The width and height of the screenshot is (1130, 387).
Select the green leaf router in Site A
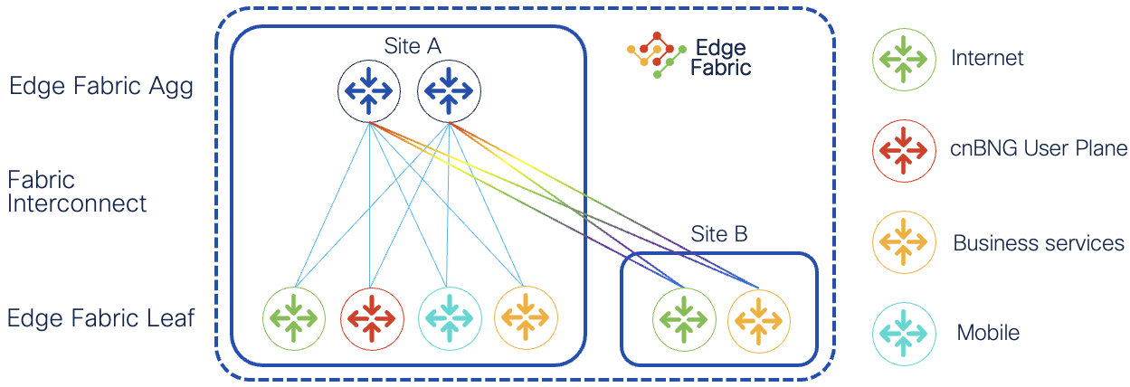tap(294, 318)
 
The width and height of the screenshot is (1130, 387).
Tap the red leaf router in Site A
tap(371, 318)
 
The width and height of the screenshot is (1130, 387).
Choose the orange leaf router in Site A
tap(526, 318)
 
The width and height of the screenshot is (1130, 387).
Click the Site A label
tap(412, 46)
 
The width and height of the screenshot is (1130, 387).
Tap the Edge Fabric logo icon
tap(653, 56)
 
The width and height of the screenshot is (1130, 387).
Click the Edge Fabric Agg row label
tap(101, 88)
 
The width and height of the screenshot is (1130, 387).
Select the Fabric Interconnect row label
tap(77, 192)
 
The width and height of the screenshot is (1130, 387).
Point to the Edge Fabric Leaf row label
tap(101, 319)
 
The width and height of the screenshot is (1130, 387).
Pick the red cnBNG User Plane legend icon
tap(904, 149)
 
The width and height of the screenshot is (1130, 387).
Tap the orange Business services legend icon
tap(904, 242)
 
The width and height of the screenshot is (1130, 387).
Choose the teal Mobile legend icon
tap(904, 333)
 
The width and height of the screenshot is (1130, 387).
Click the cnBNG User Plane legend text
tap(1040, 149)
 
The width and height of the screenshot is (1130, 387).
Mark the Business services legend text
tap(1039, 243)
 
